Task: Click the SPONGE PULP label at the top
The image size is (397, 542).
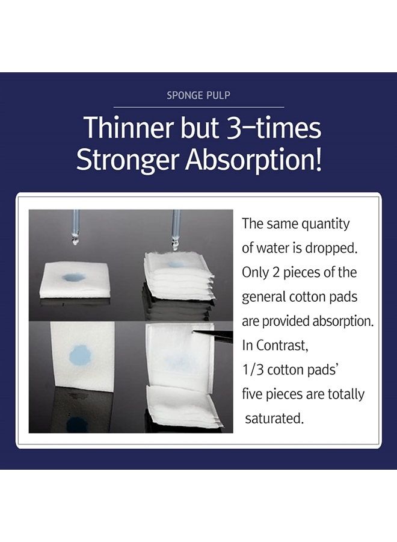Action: point(198,95)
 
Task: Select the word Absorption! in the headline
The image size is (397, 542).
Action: point(254,160)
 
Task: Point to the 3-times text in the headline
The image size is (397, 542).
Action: point(274,127)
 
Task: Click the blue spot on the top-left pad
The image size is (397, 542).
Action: point(73,277)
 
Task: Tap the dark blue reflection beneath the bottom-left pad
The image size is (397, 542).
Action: point(78,424)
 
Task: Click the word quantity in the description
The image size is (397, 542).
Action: point(325,225)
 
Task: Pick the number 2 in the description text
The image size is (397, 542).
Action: point(276,273)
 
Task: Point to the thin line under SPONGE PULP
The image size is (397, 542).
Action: point(199,107)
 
